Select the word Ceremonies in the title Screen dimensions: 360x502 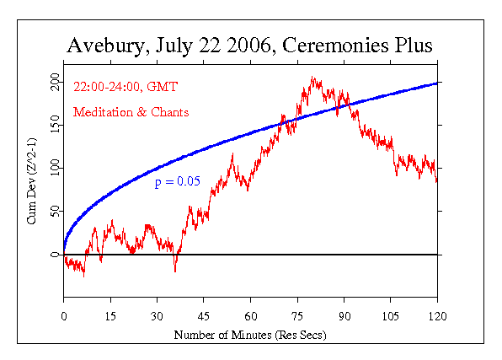(x=334, y=46)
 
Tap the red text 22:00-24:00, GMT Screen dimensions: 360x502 (x=118, y=88)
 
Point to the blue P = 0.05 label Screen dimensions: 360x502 (x=177, y=180)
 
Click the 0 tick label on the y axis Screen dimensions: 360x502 (x=55, y=255)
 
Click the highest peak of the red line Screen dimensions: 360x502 (x=312, y=78)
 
